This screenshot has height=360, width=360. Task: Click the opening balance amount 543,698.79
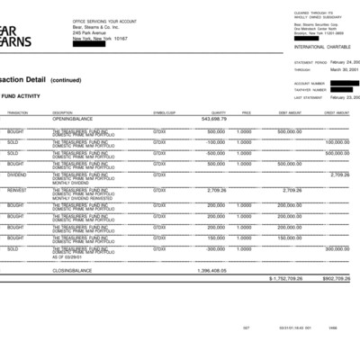coord(213,118)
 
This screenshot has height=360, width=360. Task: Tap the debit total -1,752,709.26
coord(287,278)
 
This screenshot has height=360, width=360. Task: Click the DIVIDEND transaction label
coord(17,175)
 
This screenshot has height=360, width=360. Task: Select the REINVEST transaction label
coord(17,190)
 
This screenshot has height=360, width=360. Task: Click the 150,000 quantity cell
coord(216,237)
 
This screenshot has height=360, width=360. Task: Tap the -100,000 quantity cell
coord(215,141)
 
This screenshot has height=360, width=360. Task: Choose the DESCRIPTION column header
coord(62,112)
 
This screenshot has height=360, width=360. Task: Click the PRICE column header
coord(246,112)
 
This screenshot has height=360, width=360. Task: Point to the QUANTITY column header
coord(218,112)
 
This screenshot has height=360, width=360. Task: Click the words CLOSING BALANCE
coord(72,269)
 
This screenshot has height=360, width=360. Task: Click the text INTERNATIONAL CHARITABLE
coord(319,46)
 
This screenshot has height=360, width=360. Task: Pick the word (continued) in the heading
coord(71,79)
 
